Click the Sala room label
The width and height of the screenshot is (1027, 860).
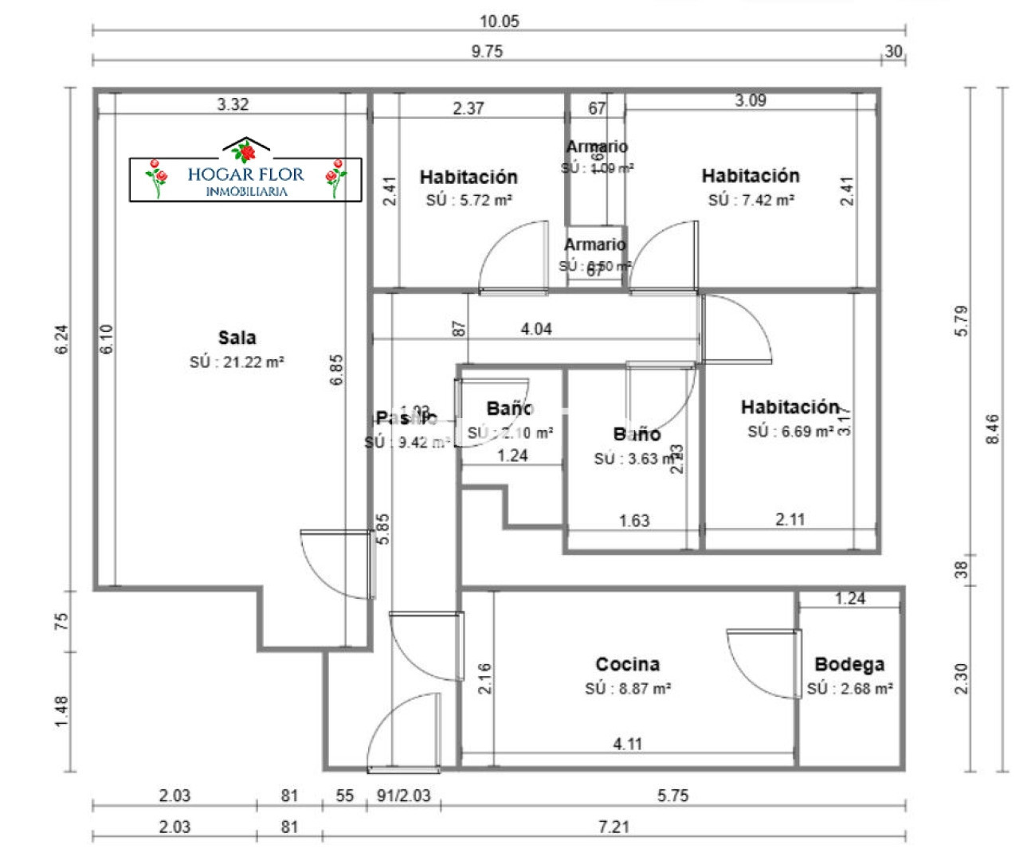pyautogui.click(x=237, y=338)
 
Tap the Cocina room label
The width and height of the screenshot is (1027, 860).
pyautogui.click(x=627, y=664)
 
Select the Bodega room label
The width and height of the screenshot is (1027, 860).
pyautogui.click(x=849, y=664)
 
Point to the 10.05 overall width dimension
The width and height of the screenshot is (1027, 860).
pyautogui.click(x=499, y=21)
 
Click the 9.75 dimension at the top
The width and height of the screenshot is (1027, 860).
pyautogui.click(x=487, y=52)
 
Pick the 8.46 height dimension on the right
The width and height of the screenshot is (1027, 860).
pyautogui.click(x=993, y=429)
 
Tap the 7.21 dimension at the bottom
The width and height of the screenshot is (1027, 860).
pyautogui.click(x=613, y=827)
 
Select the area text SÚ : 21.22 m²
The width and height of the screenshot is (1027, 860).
pyautogui.click(x=237, y=362)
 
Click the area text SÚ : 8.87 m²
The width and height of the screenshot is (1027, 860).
pyautogui.click(x=627, y=689)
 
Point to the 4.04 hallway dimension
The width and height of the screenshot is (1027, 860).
pyautogui.click(x=536, y=329)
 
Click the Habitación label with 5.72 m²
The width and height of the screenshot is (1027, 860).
pyautogui.click(x=468, y=177)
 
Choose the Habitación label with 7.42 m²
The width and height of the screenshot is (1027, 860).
pyautogui.click(x=751, y=176)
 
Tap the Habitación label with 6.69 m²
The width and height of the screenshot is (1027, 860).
pyautogui.click(x=790, y=407)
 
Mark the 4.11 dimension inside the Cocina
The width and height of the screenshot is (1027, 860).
pyautogui.click(x=627, y=744)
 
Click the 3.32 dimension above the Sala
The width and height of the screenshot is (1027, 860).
pyautogui.click(x=233, y=104)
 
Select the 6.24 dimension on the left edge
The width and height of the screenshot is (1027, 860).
pyautogui.click(x=63, y=339)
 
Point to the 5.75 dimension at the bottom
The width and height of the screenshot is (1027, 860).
pyautogui.click(x=672, y=795)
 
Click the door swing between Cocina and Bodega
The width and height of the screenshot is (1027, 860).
pyautogui.click(x=761, y=661)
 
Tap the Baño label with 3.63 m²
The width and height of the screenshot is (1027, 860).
pyautogui.click(x=637, y=434)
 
